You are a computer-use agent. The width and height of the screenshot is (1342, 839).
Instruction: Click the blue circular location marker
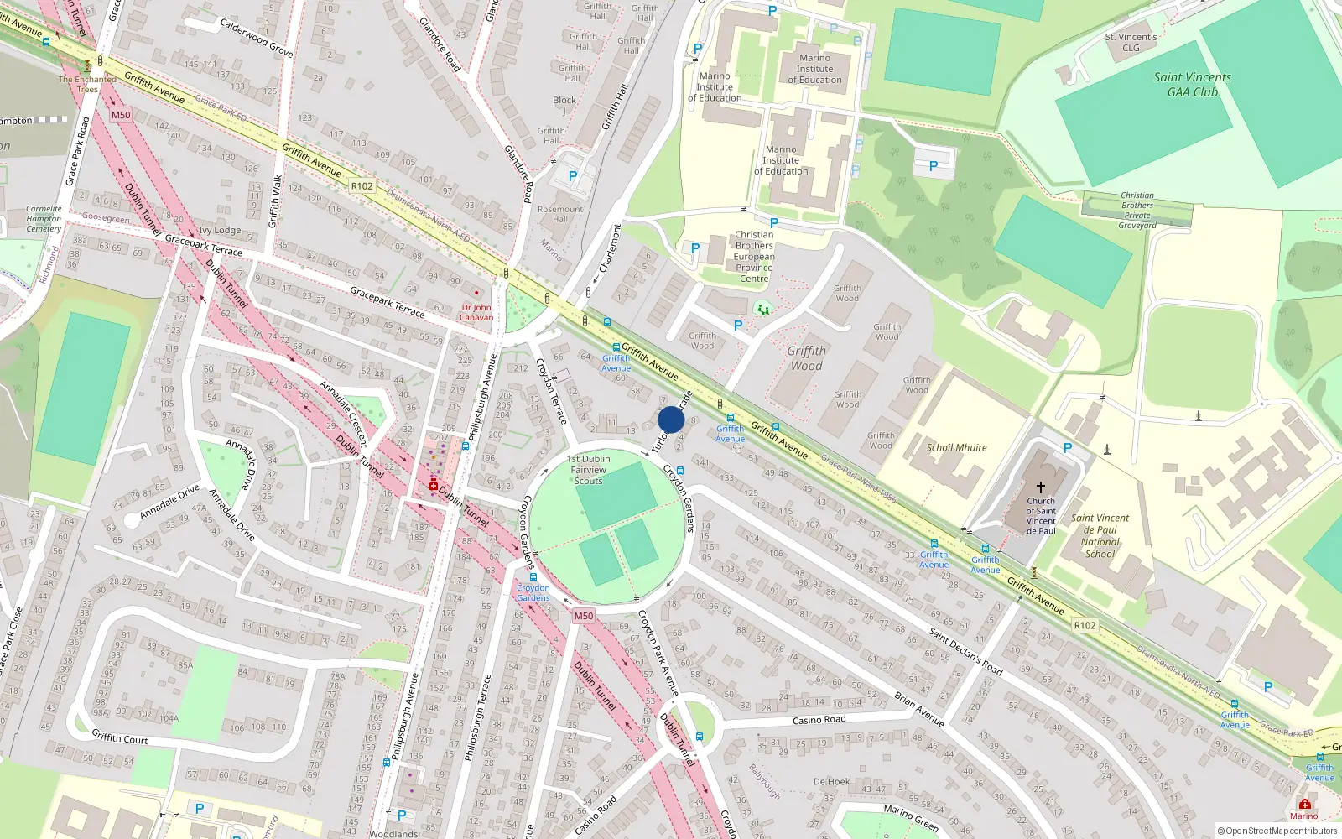pyautogui.click(x=671, y=419)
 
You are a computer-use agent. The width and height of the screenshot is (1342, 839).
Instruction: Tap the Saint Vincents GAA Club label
pyautogui.click(x=1192, y=85)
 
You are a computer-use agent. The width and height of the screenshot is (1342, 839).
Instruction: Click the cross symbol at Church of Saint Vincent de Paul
pyautogui.click(x=1041, y=487)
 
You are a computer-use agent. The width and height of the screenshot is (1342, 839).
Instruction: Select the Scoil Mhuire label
pyautogui.click(x=956, y=448)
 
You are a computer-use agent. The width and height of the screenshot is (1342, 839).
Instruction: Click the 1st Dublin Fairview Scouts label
pyautogui.click(x=589, y=470)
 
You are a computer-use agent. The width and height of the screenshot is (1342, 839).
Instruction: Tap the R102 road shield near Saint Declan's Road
pyautogui.click(x=1085, y=625)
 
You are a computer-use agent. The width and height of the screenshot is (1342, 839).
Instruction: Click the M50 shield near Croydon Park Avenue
pyautogui.click(x=584, y=616)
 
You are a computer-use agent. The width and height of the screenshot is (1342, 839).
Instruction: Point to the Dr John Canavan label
pyautogui.click(x=476, y=312)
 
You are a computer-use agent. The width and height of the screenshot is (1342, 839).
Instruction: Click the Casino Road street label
pyautogui.click(x=819, y=720)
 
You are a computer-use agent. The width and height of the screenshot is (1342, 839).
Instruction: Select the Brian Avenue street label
pyautogui.click(x=918, y=709)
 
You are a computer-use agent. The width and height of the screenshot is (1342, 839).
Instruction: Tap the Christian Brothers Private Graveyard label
pyautogui.click(x=1137, y=210)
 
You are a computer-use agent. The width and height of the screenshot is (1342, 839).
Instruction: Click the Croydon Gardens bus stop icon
pyautogui.click(x=533, y=577)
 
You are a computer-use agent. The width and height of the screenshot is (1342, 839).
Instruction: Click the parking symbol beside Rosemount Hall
pyautogui.click(x=573, y=176)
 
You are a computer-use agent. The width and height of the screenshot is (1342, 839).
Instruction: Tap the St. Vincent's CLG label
pyautogui.click(x=1131, y=42)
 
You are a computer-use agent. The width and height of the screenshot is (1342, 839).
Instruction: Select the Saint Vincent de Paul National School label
pyautogui.click(x=1100, y=535)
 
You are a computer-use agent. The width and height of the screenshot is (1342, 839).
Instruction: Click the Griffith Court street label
pyautogui.click(x=119, y=737)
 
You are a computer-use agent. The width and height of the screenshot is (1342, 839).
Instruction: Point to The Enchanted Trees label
pyautogui.click(x=87, y=84)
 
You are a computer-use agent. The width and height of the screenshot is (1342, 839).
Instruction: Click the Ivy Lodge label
pyautogui.click(x=220, y=230)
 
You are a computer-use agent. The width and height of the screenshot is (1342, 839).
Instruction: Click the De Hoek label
pyautogui.click(x=831, y=781)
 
